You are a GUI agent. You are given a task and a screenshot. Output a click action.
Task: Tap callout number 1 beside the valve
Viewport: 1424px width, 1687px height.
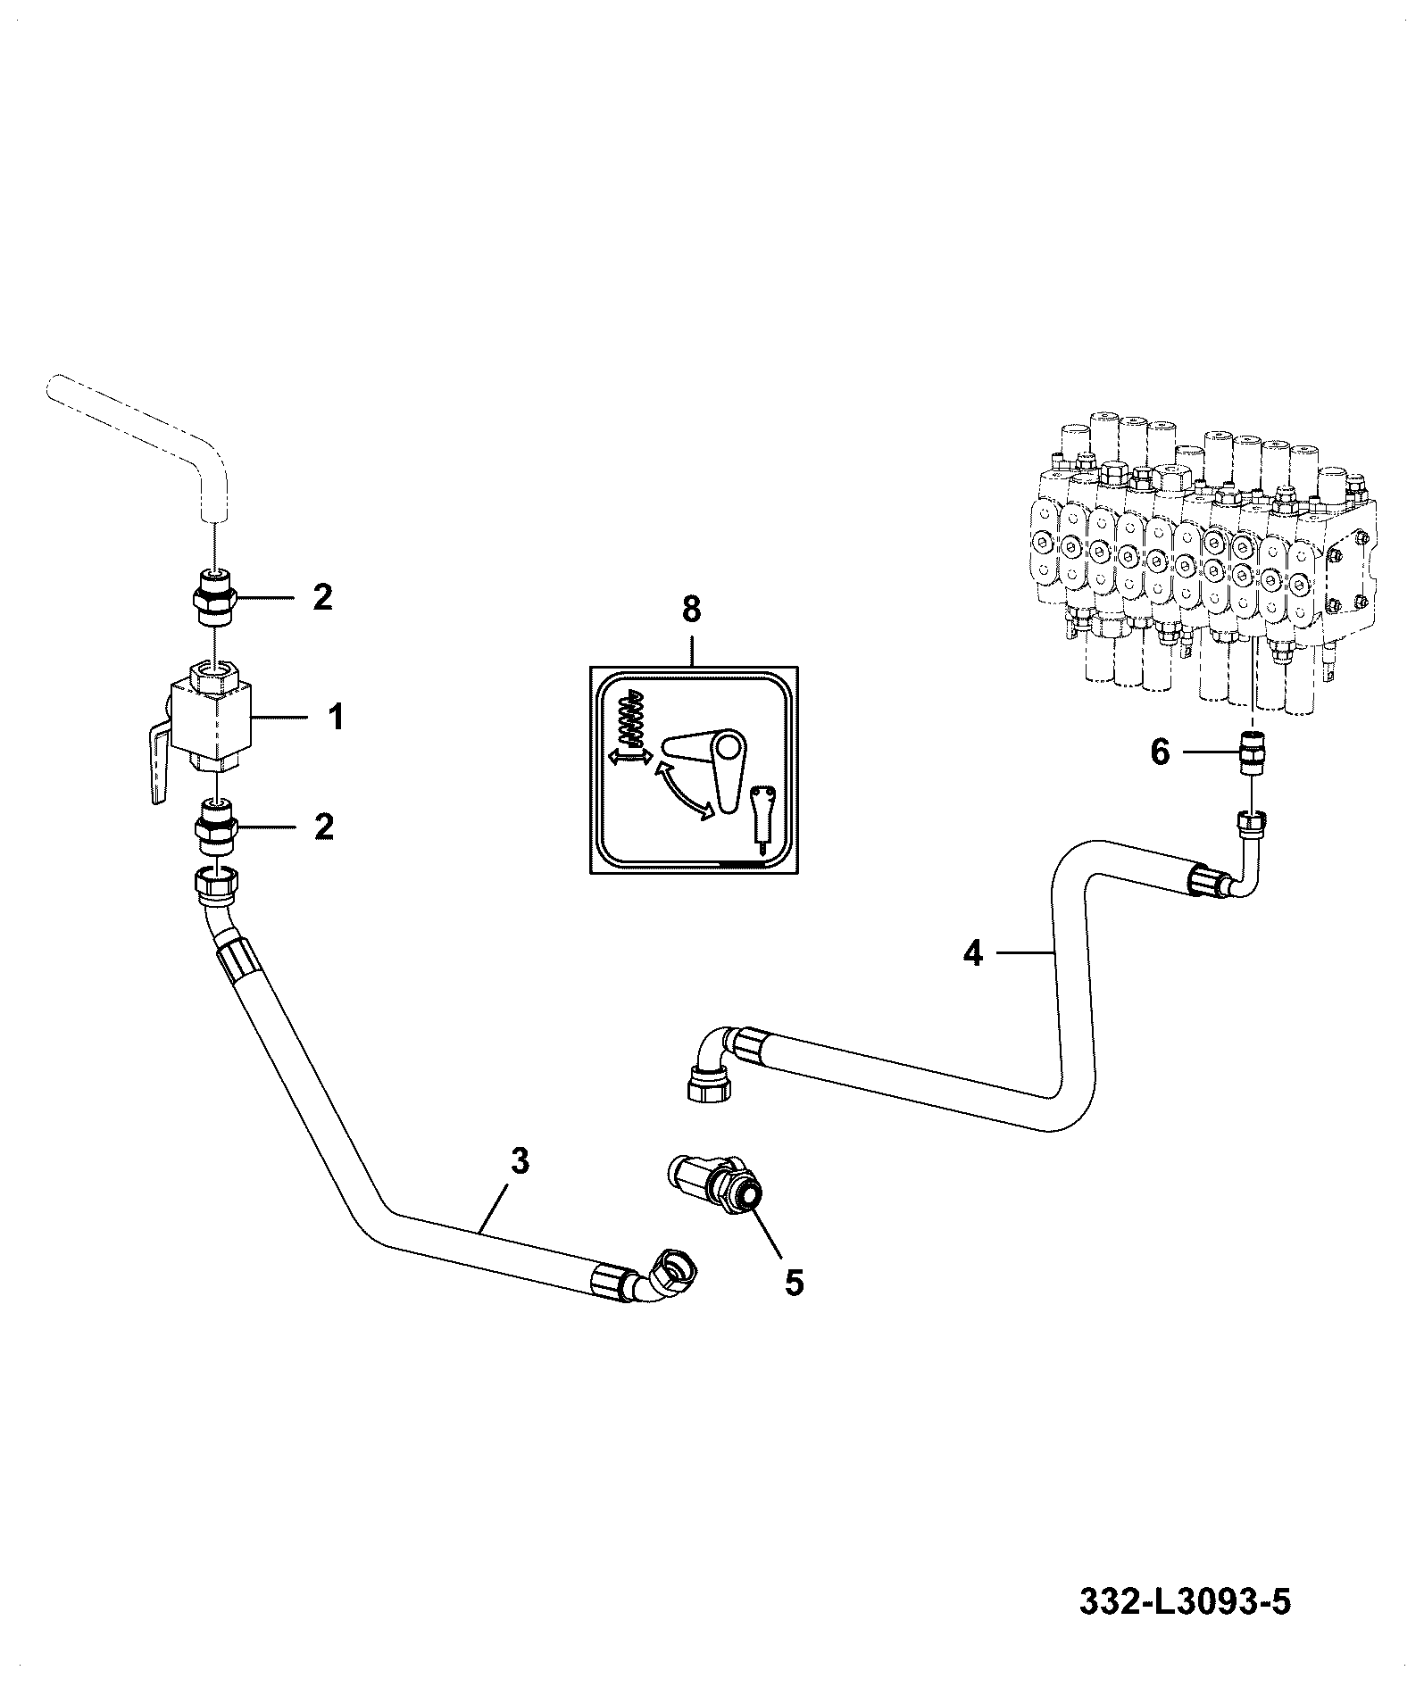click(337, 718)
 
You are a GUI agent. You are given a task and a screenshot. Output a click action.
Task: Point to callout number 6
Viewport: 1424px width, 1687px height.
click(1159, 752)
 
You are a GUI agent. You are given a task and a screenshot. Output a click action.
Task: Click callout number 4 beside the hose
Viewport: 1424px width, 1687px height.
click(973, 954)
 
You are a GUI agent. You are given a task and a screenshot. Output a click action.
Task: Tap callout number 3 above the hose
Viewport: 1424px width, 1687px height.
click(520, 1161)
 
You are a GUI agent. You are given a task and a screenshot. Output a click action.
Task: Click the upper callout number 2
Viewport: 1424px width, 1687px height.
click(322, 597)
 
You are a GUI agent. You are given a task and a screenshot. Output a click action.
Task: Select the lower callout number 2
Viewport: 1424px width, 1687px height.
click(322, 827)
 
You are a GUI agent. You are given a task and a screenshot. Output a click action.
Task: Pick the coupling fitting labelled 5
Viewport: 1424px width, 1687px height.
click(714, 1186)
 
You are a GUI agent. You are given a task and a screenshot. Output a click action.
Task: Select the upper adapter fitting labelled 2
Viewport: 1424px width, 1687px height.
click(214, 594)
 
